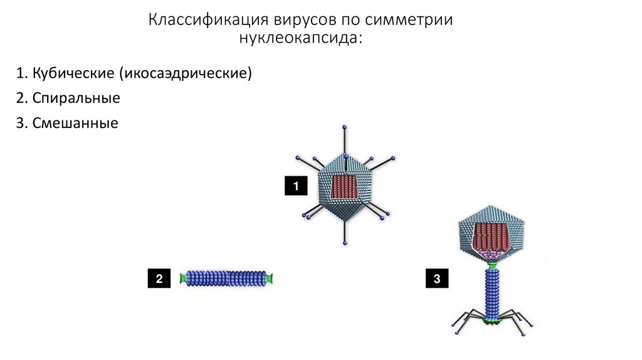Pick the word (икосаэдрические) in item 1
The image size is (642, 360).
[183, 74]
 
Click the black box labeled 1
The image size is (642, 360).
[295, 186]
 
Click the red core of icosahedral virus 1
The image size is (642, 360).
[344, 187]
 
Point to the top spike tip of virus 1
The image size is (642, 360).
[344, 127]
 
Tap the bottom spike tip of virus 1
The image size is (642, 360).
[344, 241]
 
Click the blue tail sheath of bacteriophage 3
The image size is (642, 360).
[492, 292]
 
